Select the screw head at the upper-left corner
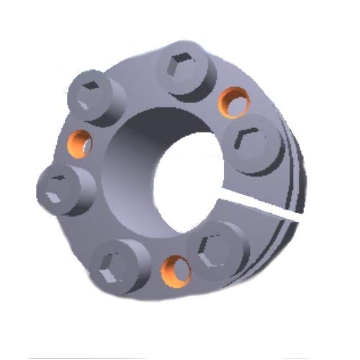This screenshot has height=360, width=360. click(91, 96)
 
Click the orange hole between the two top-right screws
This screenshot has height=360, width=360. click(233, 102)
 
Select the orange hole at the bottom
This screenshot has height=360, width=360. click(174, 269)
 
